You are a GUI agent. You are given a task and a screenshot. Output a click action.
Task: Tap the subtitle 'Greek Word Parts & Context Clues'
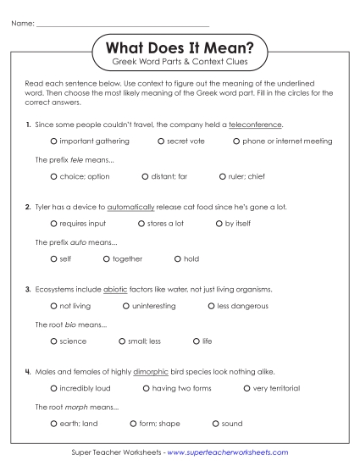click(x=180, y=64)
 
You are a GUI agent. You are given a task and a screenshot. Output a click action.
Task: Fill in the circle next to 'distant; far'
click(x=145, y=176)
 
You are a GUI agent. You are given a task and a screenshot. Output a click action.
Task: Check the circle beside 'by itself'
click(x=219, y=224)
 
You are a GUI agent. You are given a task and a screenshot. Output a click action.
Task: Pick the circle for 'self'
click(x=53, y=258)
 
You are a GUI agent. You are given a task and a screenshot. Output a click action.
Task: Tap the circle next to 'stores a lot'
click(x=141, y=224)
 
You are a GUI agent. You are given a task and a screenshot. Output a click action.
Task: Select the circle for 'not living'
click(x=53, y=306)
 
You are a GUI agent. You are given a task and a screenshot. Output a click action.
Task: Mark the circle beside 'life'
click(x=196, y=341)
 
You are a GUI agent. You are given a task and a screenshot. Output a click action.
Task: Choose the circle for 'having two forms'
click(x=146, y=388)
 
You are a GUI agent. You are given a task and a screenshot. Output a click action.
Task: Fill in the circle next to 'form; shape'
click(x=134, y=423)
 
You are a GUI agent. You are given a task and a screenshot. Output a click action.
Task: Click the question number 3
click(x=28, y=288)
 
